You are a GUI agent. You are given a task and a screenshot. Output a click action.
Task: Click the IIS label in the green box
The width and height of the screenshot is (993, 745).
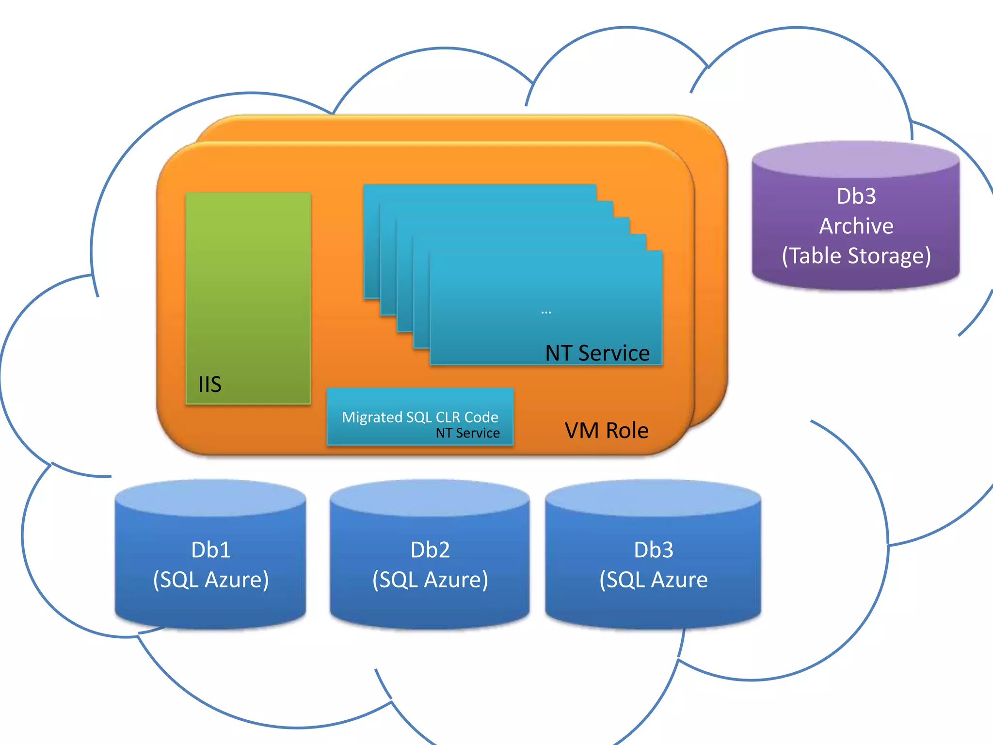point(210,384)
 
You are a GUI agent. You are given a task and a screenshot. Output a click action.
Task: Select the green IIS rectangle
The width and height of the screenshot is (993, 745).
point(248,291)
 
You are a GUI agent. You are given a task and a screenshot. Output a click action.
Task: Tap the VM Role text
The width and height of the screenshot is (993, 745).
point(606,430)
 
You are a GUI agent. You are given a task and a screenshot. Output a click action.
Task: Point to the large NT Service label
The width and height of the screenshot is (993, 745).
point(597,353)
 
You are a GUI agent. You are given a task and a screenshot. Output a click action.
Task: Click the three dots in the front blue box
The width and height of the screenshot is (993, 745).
point(546,312)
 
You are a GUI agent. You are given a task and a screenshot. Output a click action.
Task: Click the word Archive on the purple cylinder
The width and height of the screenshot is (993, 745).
point(856,226)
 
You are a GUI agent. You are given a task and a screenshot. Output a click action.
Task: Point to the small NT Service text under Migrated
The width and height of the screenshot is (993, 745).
point(467,433)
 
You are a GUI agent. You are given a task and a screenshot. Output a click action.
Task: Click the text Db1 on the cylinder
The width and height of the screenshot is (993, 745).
point(210,550)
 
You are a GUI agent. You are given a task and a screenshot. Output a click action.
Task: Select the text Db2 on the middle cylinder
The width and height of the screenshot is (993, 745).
point(430,550)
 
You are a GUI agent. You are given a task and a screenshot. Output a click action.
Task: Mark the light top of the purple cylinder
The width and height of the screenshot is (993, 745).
point(856,159)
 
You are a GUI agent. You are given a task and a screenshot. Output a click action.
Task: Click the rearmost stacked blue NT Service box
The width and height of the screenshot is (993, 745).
point(480,192)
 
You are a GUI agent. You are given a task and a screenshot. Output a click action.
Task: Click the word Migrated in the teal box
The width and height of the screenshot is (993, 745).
point(372,417)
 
